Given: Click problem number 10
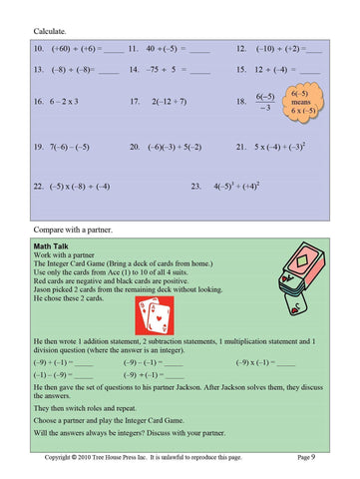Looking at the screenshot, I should tap(40, 49).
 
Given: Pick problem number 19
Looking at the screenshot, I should tap(40, 147).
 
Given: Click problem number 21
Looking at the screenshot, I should tap(242, 147).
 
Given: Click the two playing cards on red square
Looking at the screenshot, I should tap(154, 314).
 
